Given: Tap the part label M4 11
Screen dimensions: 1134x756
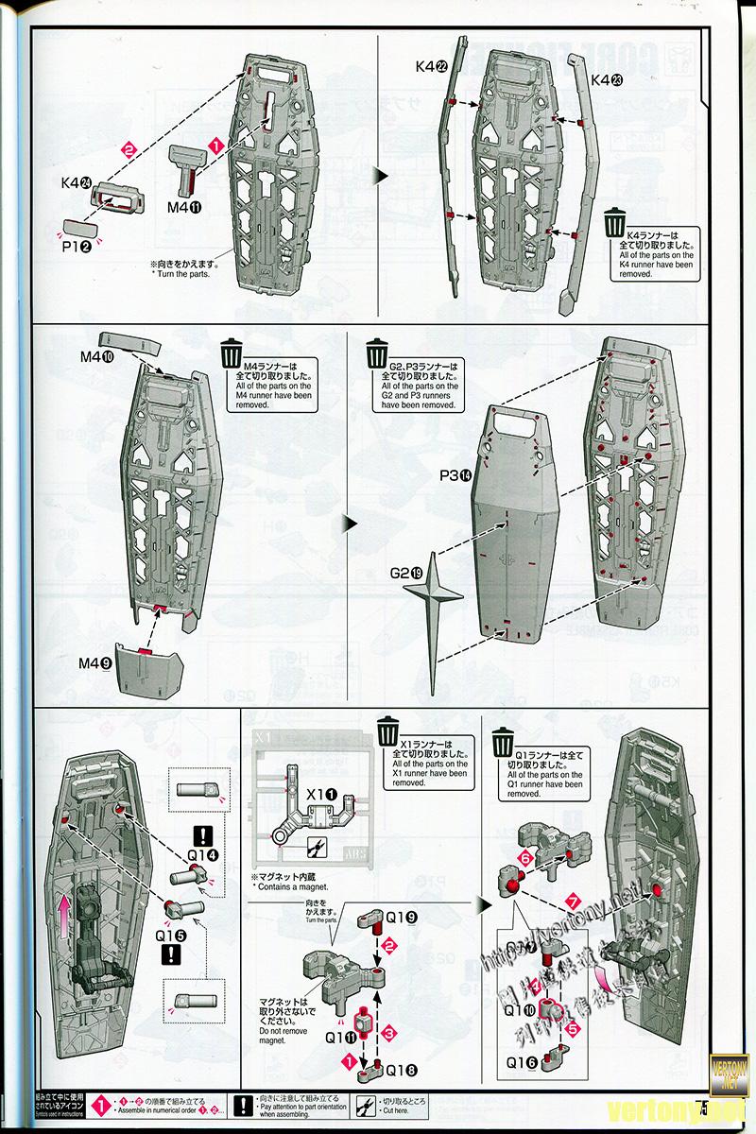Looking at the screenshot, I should click(x=185, y=207).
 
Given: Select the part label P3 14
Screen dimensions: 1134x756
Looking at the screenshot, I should click(x=455, y=475).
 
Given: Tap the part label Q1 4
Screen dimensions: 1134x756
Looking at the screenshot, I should click(x=203, y=854).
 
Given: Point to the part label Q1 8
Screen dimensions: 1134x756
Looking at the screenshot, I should click(x=401, y=1070).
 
